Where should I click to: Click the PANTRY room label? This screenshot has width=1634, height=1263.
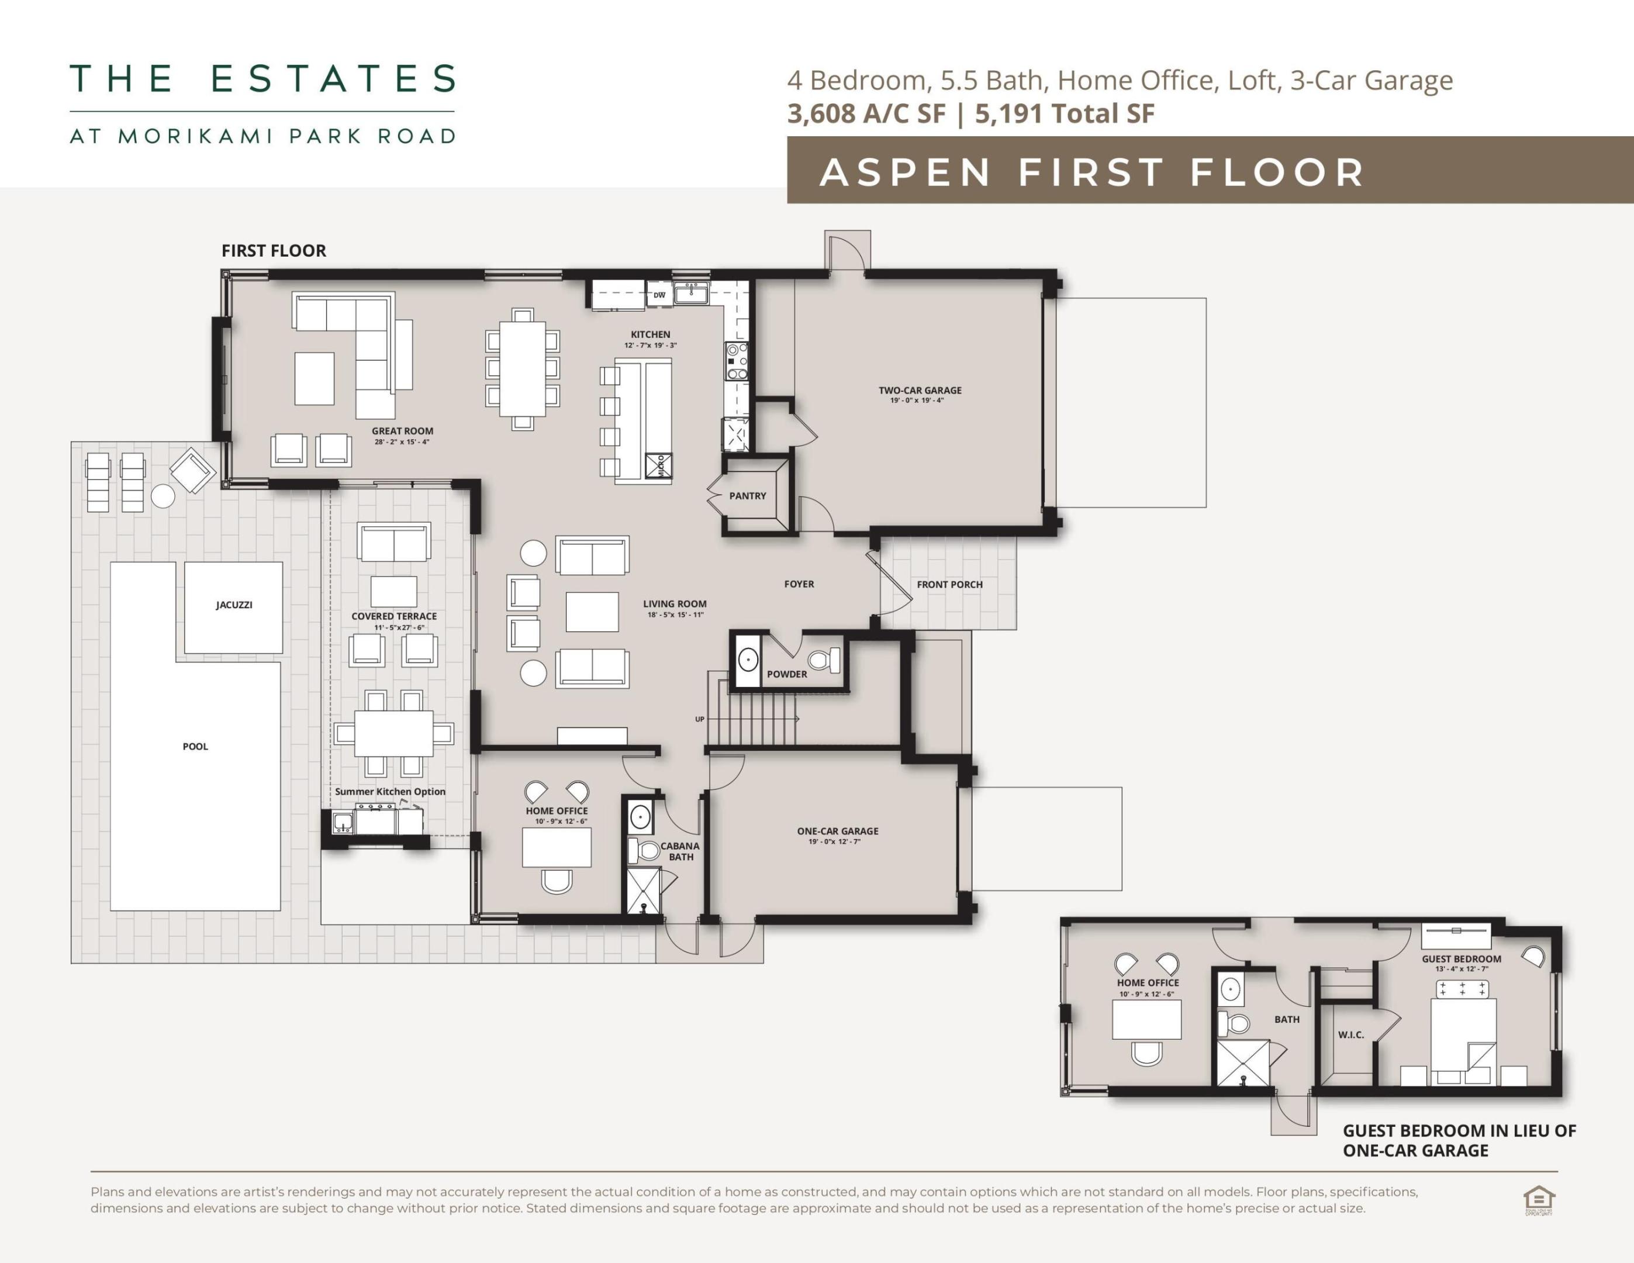coord(747,496)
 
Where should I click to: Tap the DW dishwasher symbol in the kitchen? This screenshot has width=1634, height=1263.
coord(659,295)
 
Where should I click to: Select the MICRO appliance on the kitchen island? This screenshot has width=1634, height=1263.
coord(659,465)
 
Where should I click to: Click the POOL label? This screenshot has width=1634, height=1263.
coord(195,747)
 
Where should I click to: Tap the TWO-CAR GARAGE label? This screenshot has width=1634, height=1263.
coord(920,390)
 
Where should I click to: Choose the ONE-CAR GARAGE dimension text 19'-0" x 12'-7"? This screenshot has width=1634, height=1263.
coord(834,842)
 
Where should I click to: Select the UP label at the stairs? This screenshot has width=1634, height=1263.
coord(700,719)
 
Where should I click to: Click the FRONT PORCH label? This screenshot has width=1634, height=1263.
coord(949,584)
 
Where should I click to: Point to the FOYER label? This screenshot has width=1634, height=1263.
coord(799,584)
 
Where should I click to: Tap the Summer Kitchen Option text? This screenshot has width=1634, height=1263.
coord(390,792)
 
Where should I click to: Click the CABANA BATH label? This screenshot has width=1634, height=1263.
coord(679,851)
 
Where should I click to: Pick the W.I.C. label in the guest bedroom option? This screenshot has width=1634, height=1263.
coord(1350,1035)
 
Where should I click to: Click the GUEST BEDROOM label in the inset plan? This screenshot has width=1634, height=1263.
coord(1461,958)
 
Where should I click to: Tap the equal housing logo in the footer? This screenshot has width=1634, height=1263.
coord(1538,1200)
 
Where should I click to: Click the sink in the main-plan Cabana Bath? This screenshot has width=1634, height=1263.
coord(640,817)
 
